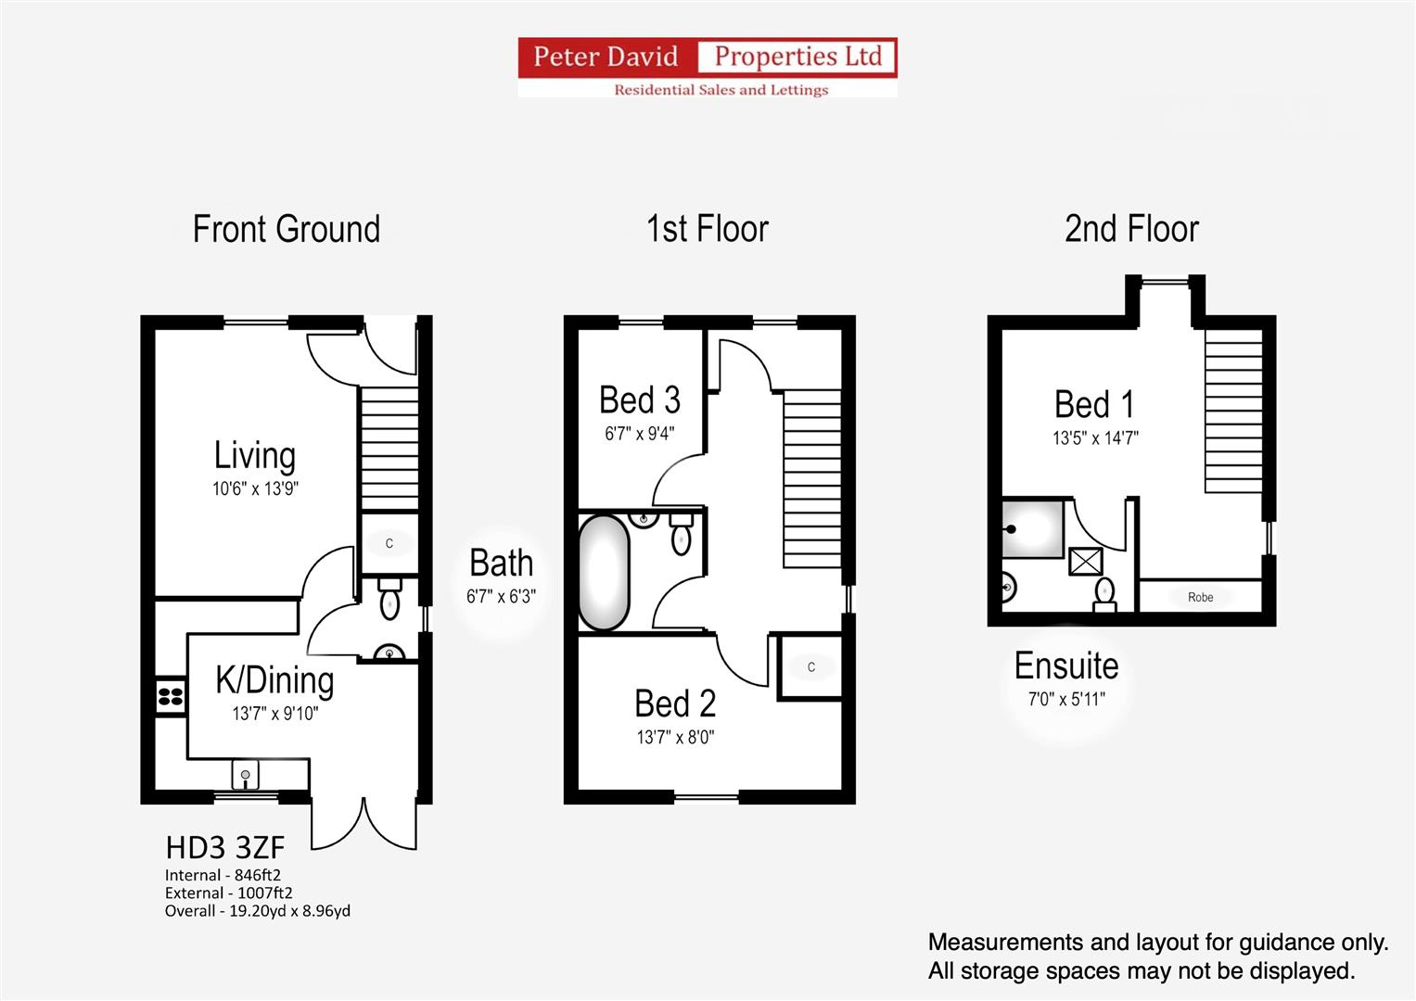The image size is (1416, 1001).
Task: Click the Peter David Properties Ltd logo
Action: tap(708, 67)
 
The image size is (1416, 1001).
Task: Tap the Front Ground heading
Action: tap(287, 229)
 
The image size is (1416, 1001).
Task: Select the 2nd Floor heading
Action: tap(1131, 229)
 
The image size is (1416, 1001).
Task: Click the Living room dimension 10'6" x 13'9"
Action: tap(255, 488)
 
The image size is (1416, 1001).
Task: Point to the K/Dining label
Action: tap(275, 680)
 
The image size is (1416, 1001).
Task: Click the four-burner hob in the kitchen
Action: tap(170, 696)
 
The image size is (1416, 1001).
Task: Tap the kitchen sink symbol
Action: tap(245, 775)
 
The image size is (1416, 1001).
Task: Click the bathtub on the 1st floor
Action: tap(604, 573)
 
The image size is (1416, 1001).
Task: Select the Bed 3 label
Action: tap(640, 400)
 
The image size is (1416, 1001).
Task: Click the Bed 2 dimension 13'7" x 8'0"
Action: tap(675, 738)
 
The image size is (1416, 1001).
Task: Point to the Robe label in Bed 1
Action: tap(1201, 597)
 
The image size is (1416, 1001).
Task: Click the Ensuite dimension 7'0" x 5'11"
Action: tap(1066, 700)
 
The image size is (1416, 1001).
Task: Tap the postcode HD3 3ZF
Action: tap(225, 848)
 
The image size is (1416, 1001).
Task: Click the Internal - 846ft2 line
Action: tap(223, 875)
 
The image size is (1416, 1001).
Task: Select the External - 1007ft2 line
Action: tap(229, 893)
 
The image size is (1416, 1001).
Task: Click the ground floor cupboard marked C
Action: tap(389, 543)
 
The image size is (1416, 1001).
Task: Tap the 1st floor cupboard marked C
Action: tap(811, 667)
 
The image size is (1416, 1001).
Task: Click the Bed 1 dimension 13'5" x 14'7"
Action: tap(1095, 437)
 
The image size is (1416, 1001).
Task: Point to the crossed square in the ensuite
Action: tap(1085, 561)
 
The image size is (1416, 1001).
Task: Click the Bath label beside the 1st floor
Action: tap(502, 564)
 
